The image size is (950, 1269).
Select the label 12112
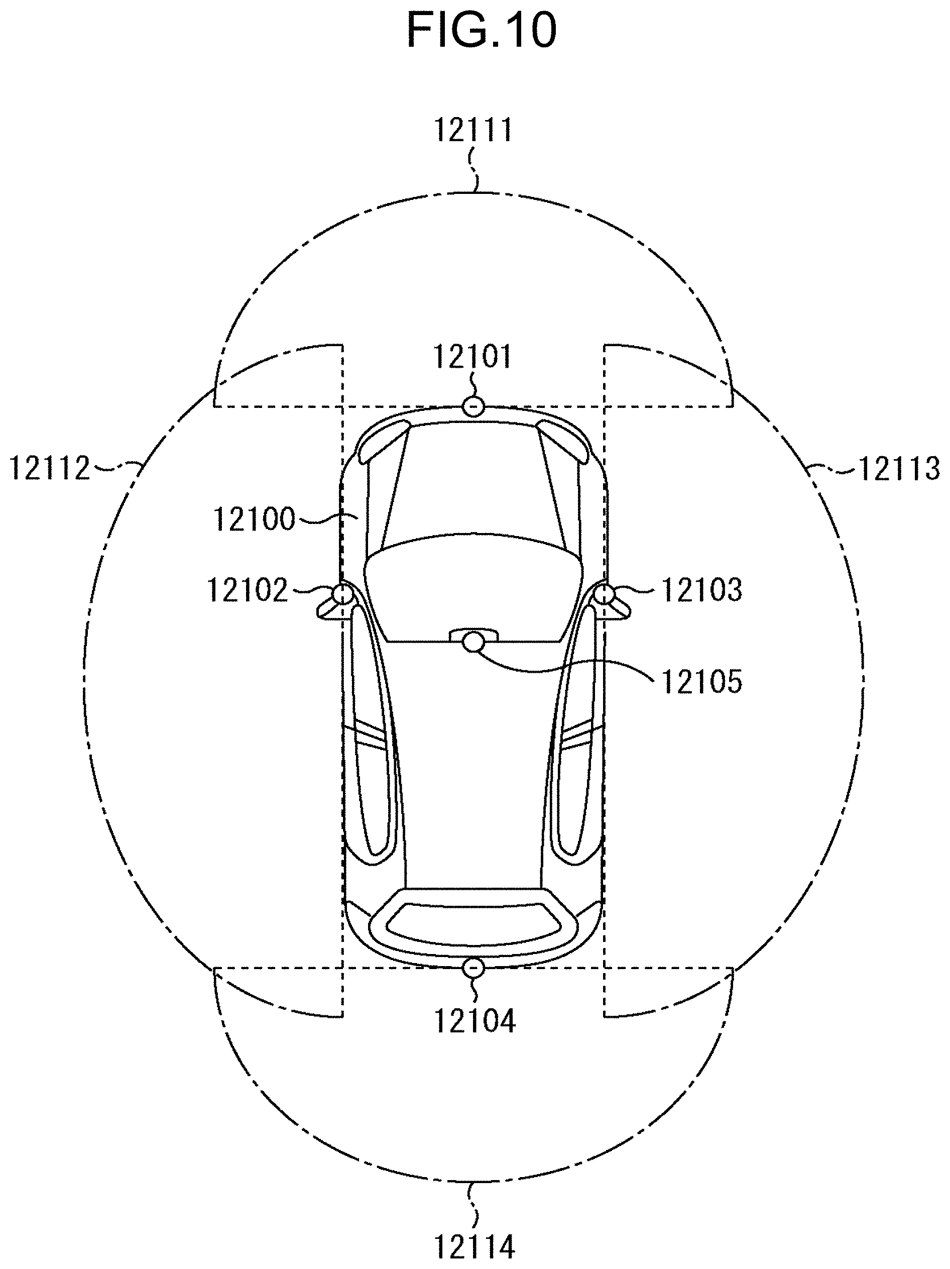pyautogui.click(x=50, y=468)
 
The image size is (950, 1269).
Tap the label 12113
pyautogui.click(x=898, y=469)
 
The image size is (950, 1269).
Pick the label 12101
pyautogui.click(x=472, y=356)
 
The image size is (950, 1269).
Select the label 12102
pyautogui.click(x=247, y=590)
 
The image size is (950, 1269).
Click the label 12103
pyautogui.click(x=702, y=589)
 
